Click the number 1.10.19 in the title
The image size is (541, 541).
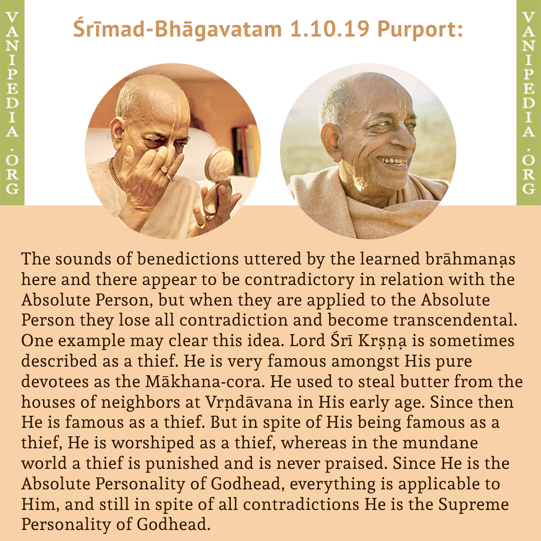pos(329,29)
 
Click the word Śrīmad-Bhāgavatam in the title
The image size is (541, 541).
pos(177,30)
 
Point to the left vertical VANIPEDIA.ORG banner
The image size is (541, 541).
pos(12,103)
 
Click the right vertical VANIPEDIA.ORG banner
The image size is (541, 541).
pos(528,103)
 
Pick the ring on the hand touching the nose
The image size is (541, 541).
pos(169,177)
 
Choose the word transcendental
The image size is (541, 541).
pos(455,320)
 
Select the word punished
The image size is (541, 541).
pos(182,464)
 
